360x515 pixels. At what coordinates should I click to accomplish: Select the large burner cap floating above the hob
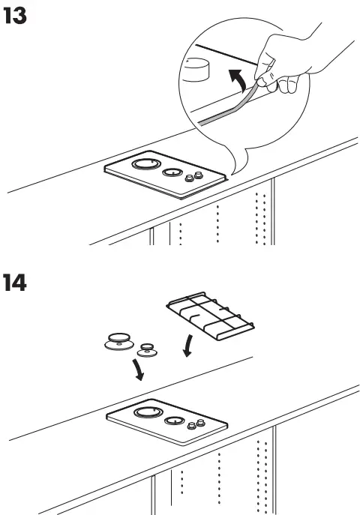pyautogui.click(x=119, y=340)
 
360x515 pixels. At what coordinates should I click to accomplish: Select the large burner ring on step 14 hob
pyautogui.click(x=145, y=412)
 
